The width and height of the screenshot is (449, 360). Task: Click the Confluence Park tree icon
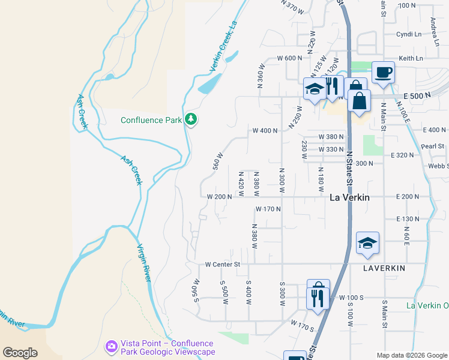(x=191, y=119)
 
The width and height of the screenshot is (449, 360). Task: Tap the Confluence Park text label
(x=151, y=120)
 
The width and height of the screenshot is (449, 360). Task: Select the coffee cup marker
(x=383, y=73)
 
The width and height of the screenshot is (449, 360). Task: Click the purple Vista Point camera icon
(x=111, y=346)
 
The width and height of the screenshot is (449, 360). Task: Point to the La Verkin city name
(x=350, y=197)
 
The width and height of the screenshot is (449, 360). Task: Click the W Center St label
(x=222, y=264)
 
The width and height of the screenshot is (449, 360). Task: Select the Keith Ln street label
(x=411, y=58)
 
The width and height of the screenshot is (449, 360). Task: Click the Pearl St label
(x=432, y=146)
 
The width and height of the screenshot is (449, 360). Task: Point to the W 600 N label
(x=289, y=58)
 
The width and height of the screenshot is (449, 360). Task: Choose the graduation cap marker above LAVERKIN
(x=367, y=243)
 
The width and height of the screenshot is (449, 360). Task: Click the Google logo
(x=20, y=353)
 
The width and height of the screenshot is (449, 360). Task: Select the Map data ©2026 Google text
(x=412, y=355)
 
